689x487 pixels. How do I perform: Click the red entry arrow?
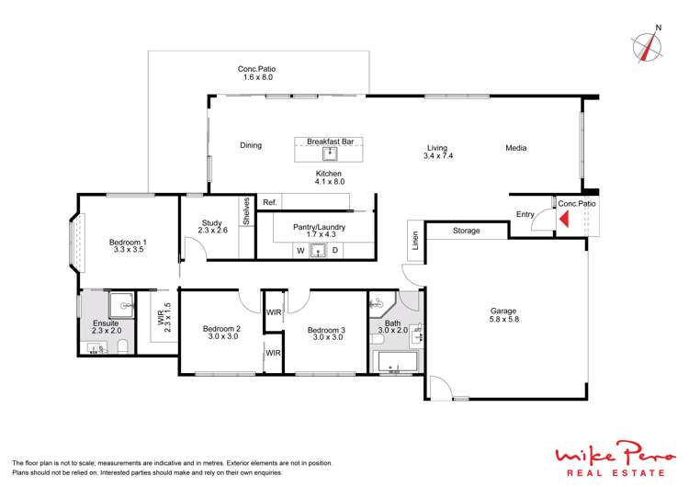[565, 219]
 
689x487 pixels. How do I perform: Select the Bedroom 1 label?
[103, 242]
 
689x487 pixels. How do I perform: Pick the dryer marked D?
[335, 250]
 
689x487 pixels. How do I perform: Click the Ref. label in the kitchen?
[270, 202]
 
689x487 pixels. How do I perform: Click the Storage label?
[466, 231]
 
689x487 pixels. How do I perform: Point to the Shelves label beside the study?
[246, 212]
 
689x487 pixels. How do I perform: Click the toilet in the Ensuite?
[121, 346]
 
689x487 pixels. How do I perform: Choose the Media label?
[517, 145]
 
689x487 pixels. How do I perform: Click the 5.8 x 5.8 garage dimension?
[503, 321]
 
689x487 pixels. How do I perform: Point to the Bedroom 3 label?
[326, 329]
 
